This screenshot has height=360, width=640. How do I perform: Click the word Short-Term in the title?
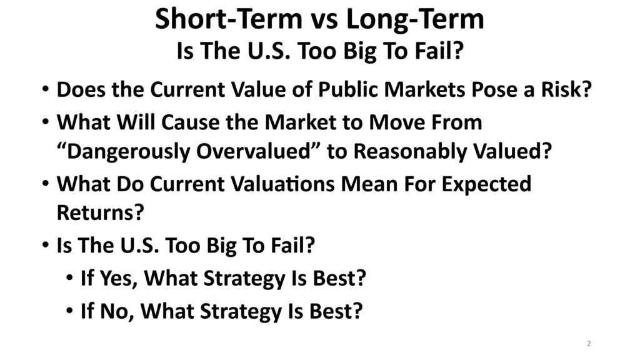coord(229,19)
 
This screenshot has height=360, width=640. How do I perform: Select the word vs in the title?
coord(324,21)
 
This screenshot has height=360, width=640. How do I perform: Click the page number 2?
coord(589,343)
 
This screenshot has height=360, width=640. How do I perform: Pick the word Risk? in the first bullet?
coord(566,89)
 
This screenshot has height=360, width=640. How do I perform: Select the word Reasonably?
coord(410,152)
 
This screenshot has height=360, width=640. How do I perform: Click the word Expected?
coord(486,185)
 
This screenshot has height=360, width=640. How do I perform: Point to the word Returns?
coord(101,212)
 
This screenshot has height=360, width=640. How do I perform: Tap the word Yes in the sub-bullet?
coord(119,278)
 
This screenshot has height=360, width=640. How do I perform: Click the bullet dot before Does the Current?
coord(46,89)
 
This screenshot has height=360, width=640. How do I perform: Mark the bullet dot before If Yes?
coord(70,277)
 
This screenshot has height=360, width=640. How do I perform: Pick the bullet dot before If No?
coord(70,311)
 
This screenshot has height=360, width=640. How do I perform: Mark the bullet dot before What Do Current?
coord(46,183)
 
